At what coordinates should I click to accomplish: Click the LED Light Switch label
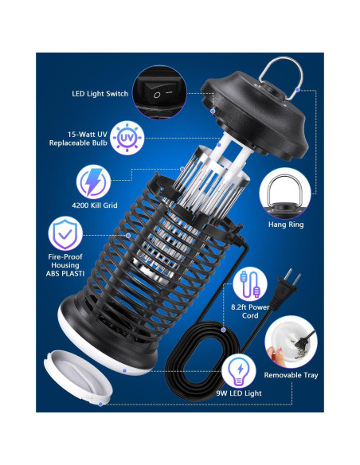[100, 94]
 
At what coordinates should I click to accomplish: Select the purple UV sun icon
[127, 139]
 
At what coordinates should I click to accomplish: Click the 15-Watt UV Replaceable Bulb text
[78, 139]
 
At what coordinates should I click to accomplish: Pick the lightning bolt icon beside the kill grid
[94, 182]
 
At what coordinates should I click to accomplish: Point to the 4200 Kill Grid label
[95, 205]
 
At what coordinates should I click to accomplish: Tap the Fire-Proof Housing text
[65, 265]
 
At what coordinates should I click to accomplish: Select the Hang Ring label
[286, 225]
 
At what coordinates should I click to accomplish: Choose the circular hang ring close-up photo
[285, 193]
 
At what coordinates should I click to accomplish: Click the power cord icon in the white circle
[250, 284]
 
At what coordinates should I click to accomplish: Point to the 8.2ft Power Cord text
[250, 311]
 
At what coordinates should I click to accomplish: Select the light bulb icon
[239, 372]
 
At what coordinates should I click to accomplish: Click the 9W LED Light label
[239, 393]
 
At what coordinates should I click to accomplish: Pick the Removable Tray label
[291, 375]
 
